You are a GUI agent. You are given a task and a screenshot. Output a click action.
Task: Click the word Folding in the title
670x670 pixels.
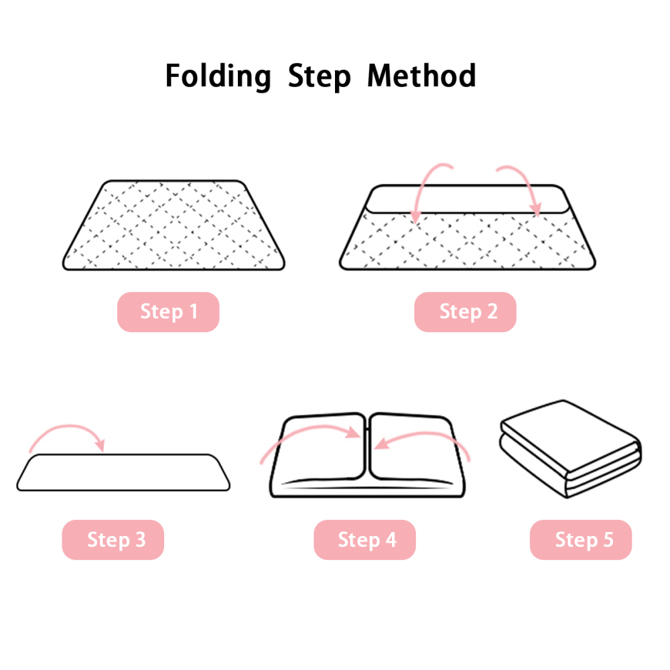218,77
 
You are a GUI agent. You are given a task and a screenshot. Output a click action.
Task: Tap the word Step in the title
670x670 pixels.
319,77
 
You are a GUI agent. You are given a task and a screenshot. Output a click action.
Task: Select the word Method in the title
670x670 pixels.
421,76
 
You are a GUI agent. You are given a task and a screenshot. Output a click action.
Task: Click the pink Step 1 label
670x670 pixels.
168,312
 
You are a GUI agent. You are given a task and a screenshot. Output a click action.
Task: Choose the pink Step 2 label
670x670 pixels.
466,312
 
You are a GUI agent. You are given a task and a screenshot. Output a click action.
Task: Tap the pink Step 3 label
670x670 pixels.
113,539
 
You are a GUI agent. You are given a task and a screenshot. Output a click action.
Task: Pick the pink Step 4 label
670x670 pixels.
365,539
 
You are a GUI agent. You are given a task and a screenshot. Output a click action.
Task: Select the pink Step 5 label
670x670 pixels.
581,539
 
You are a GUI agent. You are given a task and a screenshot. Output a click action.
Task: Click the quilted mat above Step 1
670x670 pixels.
174,225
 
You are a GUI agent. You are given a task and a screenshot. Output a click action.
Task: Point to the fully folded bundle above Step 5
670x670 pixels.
570,449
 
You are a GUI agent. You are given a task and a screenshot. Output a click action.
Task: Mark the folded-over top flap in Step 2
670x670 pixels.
468,199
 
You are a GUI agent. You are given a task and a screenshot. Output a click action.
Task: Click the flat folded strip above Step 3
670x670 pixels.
123,472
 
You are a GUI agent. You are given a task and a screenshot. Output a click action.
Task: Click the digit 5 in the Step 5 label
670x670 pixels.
608,539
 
